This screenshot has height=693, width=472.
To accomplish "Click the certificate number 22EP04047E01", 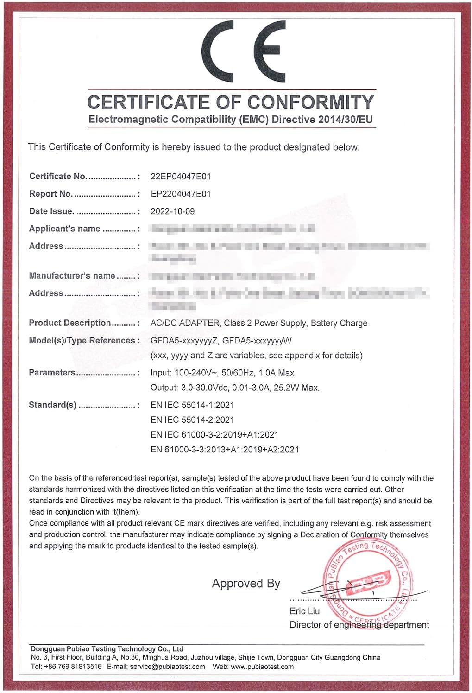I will coord(181,177).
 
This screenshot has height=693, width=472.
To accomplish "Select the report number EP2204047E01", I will coord(181,194).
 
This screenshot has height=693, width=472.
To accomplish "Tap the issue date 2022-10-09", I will coord(172,211).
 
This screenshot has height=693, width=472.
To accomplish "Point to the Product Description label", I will coord(70,323).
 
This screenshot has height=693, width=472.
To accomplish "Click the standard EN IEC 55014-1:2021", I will coord(192,405).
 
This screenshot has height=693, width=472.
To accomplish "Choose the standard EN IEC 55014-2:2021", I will coord(192,420).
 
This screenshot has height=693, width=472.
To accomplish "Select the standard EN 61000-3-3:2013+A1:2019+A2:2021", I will coord(225,450).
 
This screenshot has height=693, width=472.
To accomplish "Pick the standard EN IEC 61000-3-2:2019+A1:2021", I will coord(214,435).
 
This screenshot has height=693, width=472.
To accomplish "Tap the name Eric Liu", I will coord(304,611).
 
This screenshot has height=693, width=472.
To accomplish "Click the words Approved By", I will coord(246,583).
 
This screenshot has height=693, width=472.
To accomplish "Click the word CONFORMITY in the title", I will coord(310,102).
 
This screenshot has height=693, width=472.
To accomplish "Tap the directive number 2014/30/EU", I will coord(345,120).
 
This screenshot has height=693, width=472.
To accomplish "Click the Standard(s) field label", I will coord(52,405).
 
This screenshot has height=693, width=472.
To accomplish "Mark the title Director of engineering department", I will coord(359,625).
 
